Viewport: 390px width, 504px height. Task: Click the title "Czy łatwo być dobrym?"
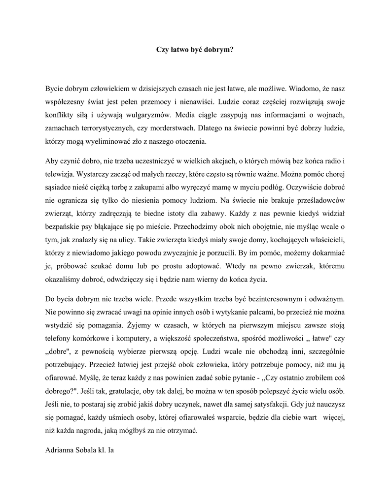[195, 49]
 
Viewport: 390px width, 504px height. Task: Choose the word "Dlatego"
[211, 129]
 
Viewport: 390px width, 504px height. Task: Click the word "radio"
[329, 161]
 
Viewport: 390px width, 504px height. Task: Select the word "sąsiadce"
[58, 188]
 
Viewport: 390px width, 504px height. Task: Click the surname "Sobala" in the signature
[88, 450]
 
